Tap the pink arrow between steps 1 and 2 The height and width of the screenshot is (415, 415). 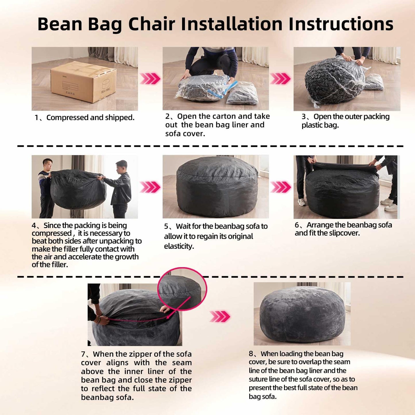pos(150,79)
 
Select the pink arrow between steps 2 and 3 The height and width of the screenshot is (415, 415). pos(280,79)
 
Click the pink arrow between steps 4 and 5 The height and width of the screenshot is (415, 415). pos(150,187)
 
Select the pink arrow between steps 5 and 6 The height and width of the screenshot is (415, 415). pos(281,187)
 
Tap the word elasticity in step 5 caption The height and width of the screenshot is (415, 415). pos(179,246)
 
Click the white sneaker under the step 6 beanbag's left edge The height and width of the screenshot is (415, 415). pos(302,203)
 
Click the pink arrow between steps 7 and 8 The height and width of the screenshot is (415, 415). pos(220,316)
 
